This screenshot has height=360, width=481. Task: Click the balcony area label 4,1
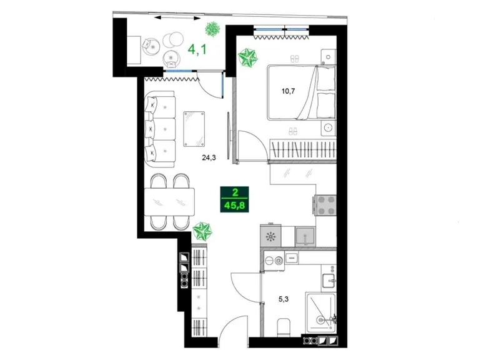(x=197, y=49)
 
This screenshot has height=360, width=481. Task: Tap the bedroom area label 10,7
(x=288, y=91)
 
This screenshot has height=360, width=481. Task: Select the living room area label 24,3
(x=209, y=157)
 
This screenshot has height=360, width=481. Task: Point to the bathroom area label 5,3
(x=284, y=299)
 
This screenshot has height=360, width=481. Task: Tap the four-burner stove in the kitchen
(x=325, y=205)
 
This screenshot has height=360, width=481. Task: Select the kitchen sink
(x=305, y=236)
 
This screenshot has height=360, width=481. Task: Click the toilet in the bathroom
(x=284, y=327)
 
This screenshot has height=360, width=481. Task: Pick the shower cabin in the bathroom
(x=320, y=313)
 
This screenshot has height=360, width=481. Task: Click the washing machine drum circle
(x=279, y=261)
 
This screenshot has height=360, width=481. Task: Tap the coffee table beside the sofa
(x=194, y=129)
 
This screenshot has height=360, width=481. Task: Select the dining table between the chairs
(x=169, y=202)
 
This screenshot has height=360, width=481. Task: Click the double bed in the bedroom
(x=301, y=92)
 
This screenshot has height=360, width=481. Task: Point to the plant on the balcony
(x=212, y=29)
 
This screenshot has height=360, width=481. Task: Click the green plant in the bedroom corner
(x=247, y=57)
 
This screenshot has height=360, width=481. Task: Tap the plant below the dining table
(x=202, y=231)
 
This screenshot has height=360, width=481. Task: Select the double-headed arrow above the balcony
(x=177, y=17)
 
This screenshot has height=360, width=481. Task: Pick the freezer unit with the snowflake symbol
(x=270, y=236)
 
